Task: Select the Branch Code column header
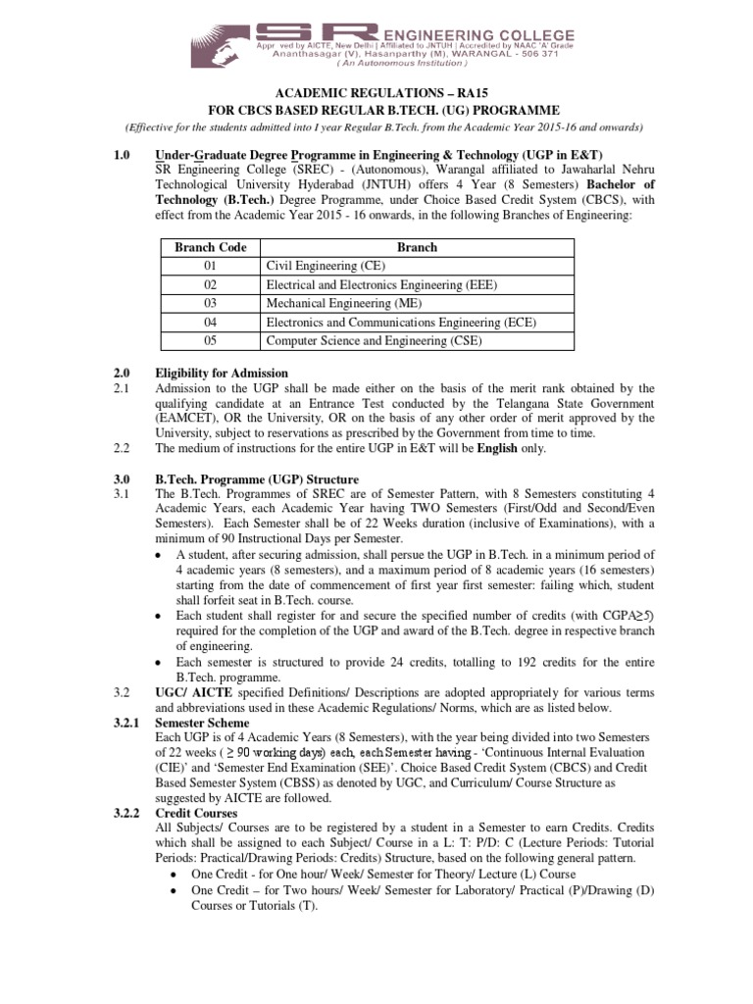(210, 247)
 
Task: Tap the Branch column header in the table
(417, 247)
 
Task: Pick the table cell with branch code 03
(210, 303)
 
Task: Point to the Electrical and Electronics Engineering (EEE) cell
(382, 284)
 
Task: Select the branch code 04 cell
(210, 322)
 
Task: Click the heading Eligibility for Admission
(222, 373)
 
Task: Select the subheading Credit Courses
(196, 813)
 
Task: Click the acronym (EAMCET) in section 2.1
(191, 418)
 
